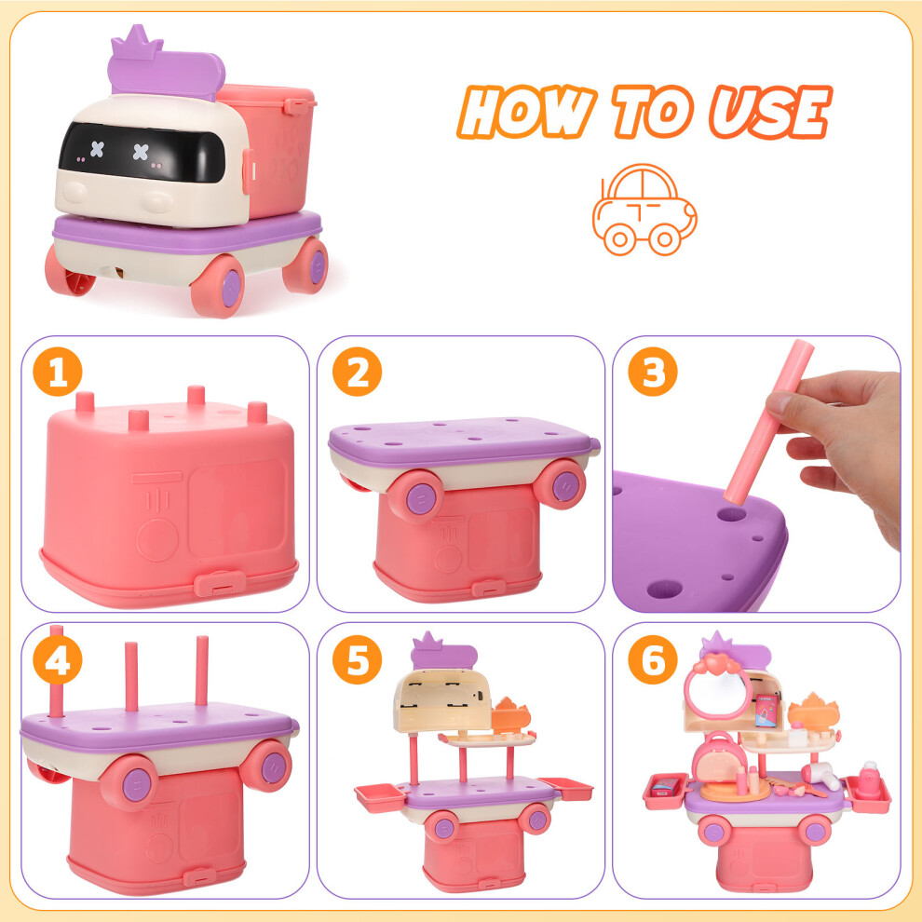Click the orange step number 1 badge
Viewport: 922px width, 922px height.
[58, 372]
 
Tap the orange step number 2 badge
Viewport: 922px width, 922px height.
[357, 372]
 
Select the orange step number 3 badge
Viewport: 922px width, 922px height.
[653, 372]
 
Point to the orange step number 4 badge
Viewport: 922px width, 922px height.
[58, 659]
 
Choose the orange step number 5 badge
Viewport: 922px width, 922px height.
[357, 659]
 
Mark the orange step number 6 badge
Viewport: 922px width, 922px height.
[653, 659]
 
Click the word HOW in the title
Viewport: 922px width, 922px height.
[526, 112]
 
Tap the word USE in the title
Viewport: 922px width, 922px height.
[770, 112]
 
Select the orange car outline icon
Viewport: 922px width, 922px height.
[644, 210]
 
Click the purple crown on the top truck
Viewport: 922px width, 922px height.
[137, 42]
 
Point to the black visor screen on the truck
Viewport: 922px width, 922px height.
[142, 153]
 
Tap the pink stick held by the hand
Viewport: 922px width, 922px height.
[768, 422]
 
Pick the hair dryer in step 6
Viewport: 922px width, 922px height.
[820, 775]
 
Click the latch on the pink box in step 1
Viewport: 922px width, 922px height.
[220, 583]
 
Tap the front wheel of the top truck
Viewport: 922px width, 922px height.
[218, 286]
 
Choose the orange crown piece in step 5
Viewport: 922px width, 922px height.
[510, 715]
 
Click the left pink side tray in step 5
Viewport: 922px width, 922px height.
[380, 797]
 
